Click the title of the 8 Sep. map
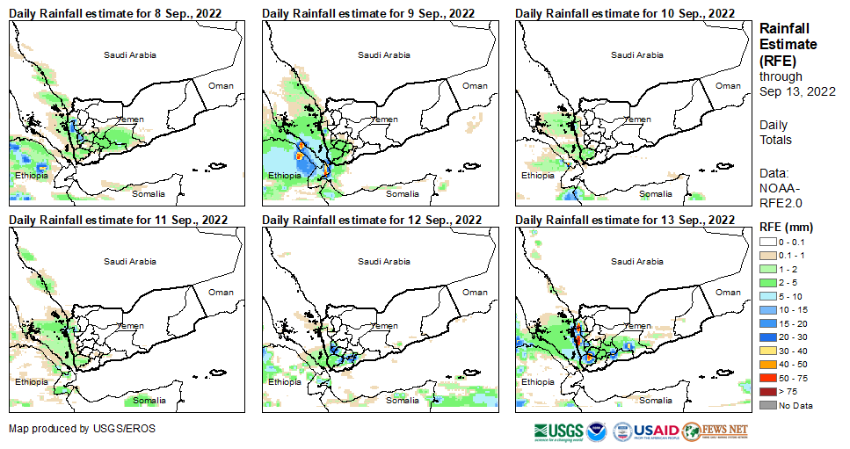click(115, 13)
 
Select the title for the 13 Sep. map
click(625, 220)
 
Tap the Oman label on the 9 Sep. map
click(475, 85)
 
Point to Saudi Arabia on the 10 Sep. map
click(637, 54)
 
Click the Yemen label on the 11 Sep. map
click(131, 326)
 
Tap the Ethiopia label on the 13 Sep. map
click(537, 382)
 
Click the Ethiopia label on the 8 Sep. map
click(31, 176)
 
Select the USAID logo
click(656, 431)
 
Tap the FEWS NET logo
click(715, 431)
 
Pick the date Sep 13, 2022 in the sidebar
click(797, 91)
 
